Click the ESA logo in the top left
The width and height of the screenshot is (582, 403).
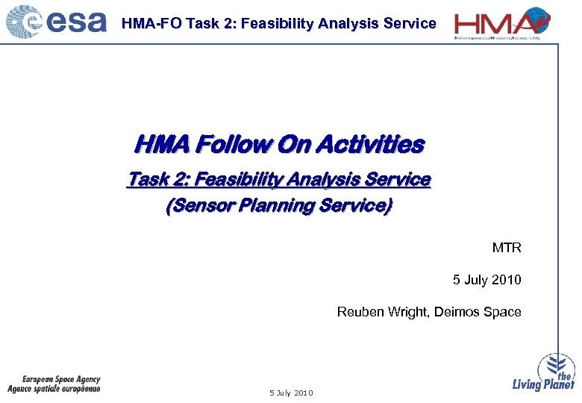(x=56, y=22)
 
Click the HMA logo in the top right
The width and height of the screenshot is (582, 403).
(x=501, y=24)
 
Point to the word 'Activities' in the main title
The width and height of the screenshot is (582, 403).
(x=369, y=144)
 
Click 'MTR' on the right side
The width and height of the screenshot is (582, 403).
(x=506, y=248)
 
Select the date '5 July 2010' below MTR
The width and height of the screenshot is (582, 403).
(x=486, y=280)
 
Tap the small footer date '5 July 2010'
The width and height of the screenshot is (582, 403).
(x=291, y=393)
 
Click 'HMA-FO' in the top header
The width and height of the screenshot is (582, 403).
(x=151, y=23)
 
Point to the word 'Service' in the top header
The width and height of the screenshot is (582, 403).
(x=409, y=23)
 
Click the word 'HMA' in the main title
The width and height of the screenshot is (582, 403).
(x=158, y=144)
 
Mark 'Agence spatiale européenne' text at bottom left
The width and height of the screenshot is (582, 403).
(x=54, y=389)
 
